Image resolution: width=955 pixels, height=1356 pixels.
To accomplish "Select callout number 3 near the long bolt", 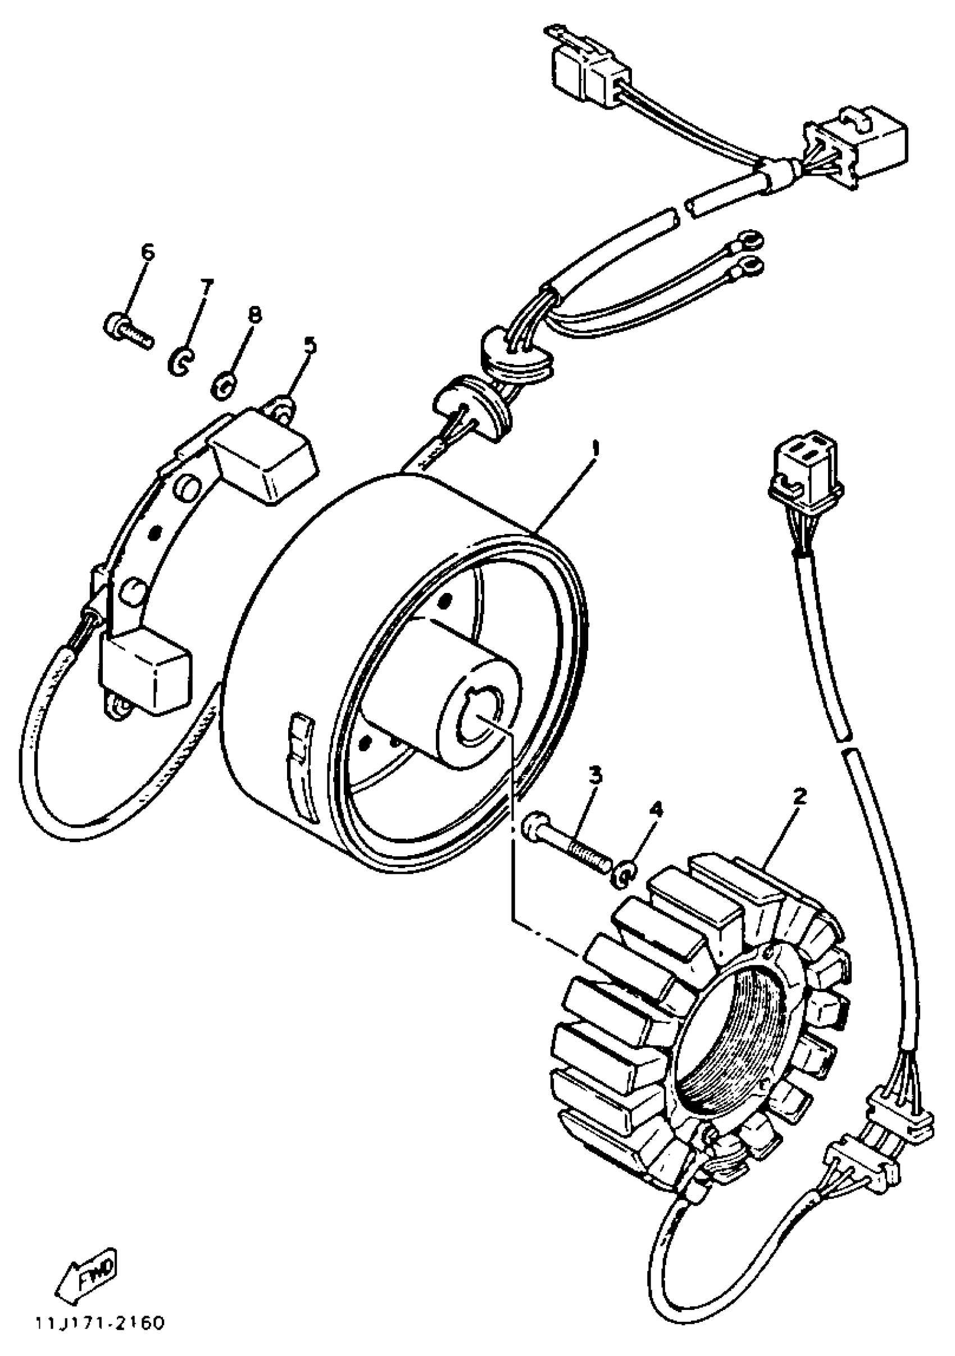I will (595, 774).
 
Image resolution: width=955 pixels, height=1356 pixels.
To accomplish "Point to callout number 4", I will (656, 809).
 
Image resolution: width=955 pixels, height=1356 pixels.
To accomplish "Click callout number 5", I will (310, 345).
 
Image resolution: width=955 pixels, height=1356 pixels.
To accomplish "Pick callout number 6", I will (147, 252).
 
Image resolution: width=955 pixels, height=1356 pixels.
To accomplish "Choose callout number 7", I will (206, 287).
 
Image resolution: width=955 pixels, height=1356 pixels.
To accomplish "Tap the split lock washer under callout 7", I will (181, 362).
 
